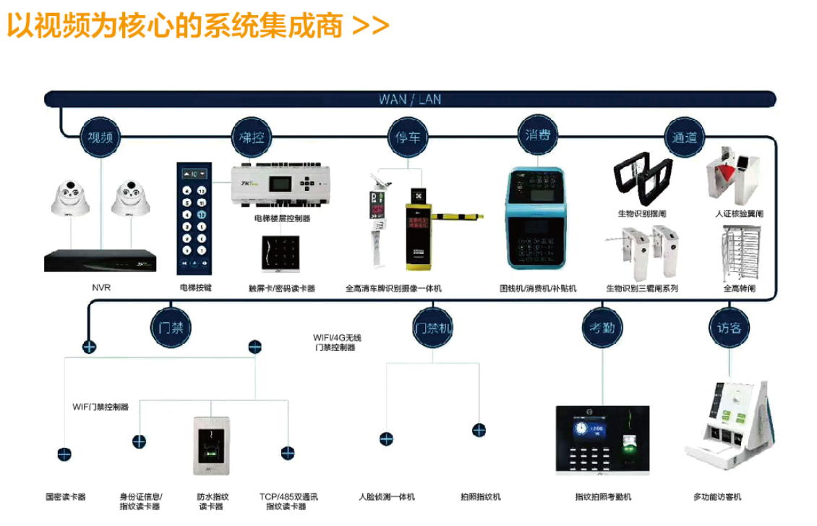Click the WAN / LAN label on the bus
pyautogui.click(x=410, y=99)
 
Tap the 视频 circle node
pyautogui.click(x=99, y=137)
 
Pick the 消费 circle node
pyautogui.click(x=537, y=134)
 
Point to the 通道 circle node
pyautogui.click(x=684, y=137)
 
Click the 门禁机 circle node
pyautogui.click(x=433, y=328)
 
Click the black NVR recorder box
pyautogui.click(x=100, y=260)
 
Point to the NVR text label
pyautogui.click(x=100, y=288)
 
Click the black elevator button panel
pyautogui.click(x=194, y=218)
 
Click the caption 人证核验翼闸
pyautogui.click(x=739, y=214)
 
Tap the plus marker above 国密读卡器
pyautogui.click(x=65, y=454)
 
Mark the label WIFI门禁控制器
pyautogui.click(x=100, y=407)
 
